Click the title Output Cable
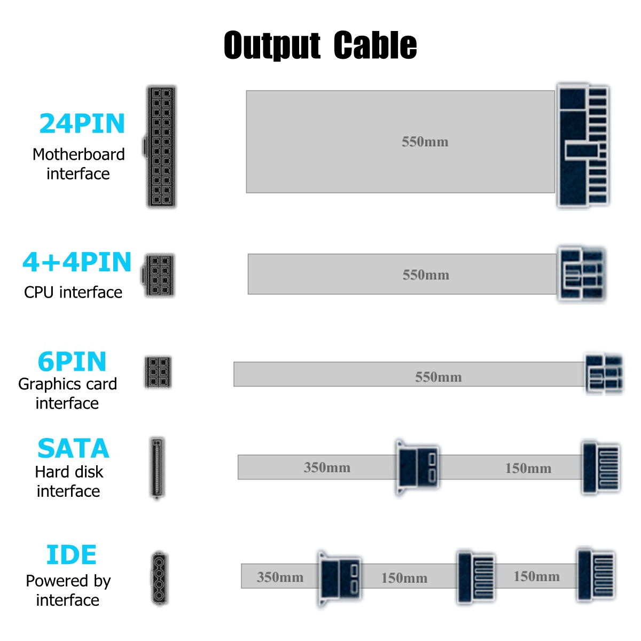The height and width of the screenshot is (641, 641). click(320, 45)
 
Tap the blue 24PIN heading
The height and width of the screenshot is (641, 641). click(82, 123)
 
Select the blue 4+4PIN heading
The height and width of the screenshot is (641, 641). click(77, 262)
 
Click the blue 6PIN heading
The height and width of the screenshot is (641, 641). click(72, 361)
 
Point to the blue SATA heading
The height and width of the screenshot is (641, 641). click(73, 448)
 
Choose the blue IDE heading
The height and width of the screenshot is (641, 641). click(71, 554)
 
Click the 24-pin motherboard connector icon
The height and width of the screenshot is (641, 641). click(160, 147)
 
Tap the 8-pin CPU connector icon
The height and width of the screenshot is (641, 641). click(158, 276)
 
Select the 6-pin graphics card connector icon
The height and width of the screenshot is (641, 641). click(158, 372)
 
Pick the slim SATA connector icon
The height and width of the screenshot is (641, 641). click(158, 468)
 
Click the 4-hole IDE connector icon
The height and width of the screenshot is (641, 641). click(160, 578)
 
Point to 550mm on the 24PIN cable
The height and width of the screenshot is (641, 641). click(425, 142)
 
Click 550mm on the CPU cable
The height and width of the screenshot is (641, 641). click(426, 275)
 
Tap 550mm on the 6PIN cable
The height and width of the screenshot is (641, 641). click(439, 377)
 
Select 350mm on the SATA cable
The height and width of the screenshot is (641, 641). click(327, 467)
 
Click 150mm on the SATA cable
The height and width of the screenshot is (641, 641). click(528, 468)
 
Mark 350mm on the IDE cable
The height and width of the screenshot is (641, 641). click(280, 577)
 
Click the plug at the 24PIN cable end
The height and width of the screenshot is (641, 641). click(583, 145)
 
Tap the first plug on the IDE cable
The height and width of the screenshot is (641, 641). click(339, 579)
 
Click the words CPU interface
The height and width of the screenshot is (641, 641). click(73, 292)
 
